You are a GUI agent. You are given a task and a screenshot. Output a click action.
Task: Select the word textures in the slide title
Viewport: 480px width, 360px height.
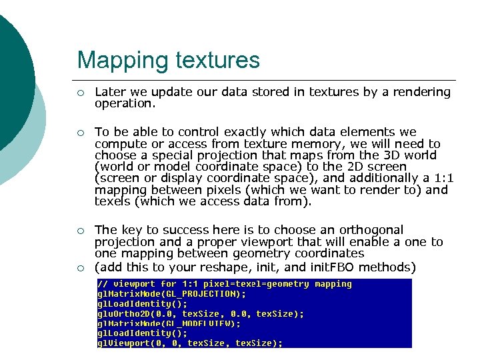(x=217, y=61)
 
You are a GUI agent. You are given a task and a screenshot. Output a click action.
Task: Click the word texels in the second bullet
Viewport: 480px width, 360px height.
(x=113, y=201)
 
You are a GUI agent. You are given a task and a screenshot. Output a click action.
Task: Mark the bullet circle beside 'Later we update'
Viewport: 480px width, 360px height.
(x=80, y=93)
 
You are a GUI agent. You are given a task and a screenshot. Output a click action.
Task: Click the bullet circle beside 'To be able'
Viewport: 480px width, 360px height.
(x=80, y=133)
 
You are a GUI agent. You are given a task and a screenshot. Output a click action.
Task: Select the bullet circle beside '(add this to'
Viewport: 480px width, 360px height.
(x=80, y=268)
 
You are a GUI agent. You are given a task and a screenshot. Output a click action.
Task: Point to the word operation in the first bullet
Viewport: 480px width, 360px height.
(x=123, y=103)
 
